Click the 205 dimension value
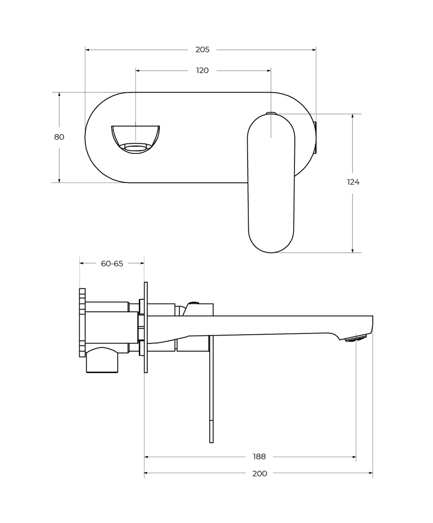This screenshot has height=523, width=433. coord(202,50)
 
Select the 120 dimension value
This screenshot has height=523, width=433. coord(202,71)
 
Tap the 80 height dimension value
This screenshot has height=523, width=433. coord(59,137)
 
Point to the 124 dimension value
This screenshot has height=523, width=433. coord(353,182)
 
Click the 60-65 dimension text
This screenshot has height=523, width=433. coord(112,264)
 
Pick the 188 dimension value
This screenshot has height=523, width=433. coord(259,457)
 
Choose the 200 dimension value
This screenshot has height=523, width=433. coord(259,474)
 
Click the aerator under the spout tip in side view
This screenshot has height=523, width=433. coord(355,338)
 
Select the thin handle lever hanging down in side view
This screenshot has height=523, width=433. coord(211,390)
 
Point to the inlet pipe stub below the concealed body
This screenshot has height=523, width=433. coord(102,361)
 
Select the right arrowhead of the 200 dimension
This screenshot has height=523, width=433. coord(371,473)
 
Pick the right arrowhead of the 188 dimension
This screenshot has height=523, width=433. coord(354,457)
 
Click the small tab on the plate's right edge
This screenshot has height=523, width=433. coord(315,137)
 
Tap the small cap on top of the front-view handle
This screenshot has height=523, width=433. coord(271,113)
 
